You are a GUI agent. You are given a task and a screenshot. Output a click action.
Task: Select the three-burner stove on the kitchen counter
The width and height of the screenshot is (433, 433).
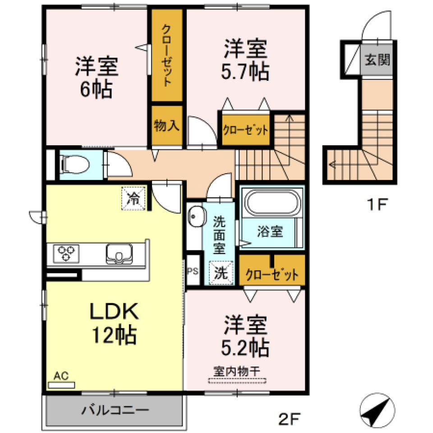[66, 253]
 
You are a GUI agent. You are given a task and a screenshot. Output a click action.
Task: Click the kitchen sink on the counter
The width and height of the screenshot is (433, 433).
[119, 253]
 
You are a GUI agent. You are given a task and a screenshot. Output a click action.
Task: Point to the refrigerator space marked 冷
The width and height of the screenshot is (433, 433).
[134, 198]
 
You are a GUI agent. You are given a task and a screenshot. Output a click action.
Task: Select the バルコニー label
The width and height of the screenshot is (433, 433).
[115, 411]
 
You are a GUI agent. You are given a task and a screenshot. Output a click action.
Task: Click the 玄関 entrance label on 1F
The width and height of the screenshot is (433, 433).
[377, 60]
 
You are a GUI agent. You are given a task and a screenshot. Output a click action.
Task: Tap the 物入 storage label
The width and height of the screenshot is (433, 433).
[167, 125]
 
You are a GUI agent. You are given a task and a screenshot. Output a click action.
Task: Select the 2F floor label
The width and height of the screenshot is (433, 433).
[289, 420]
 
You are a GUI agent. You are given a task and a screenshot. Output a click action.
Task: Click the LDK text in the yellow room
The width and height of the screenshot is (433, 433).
[113, 311]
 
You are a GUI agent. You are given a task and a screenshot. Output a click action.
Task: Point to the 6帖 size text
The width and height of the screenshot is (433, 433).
[96, 91]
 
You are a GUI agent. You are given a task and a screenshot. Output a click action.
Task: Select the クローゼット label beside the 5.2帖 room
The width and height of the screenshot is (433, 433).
[272, 274]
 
